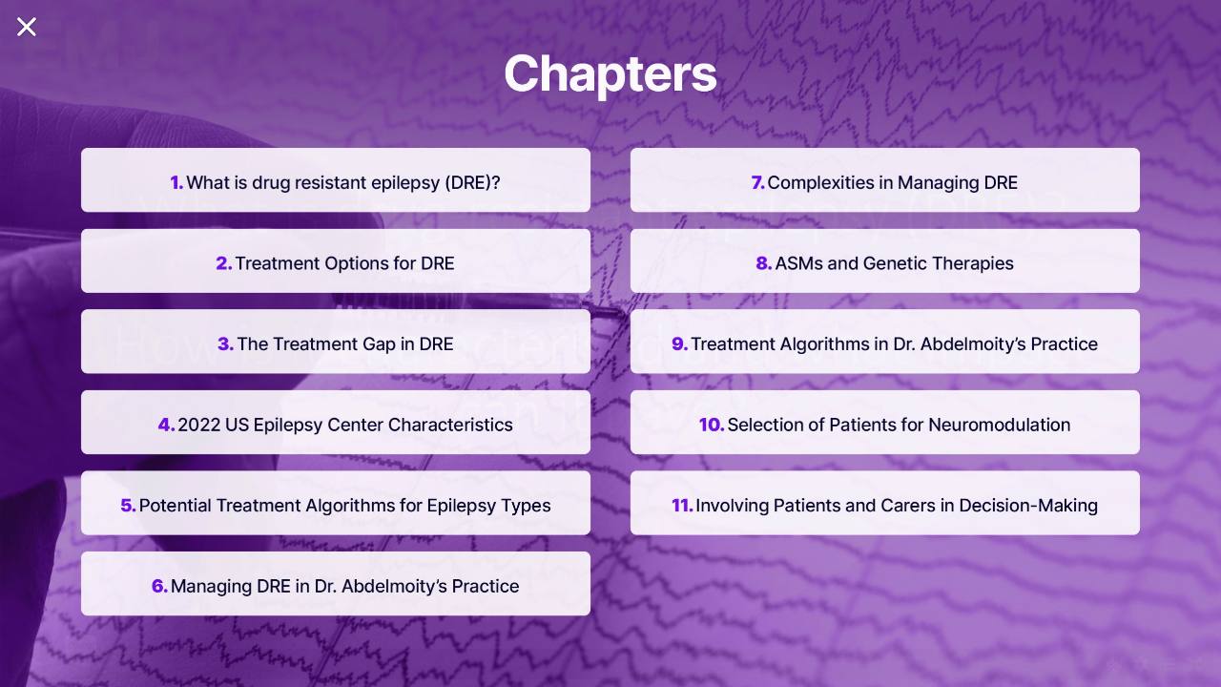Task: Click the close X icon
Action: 26,27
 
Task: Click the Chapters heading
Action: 610,74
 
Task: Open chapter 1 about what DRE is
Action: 335,180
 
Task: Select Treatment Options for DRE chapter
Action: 335,260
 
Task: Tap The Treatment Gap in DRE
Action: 335,342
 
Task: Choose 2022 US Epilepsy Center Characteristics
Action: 335,422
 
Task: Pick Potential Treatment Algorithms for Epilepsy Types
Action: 335,503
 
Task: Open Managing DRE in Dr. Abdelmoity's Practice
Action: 335,583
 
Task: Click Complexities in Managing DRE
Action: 884,180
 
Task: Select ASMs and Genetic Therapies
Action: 884,260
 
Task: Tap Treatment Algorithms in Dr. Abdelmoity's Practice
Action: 884,342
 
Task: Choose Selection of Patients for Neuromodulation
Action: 884,422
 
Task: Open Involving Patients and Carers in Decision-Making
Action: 884,503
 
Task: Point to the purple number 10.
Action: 712,425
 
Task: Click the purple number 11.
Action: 682,506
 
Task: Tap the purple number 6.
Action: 159,586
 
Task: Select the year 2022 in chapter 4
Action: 199,425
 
